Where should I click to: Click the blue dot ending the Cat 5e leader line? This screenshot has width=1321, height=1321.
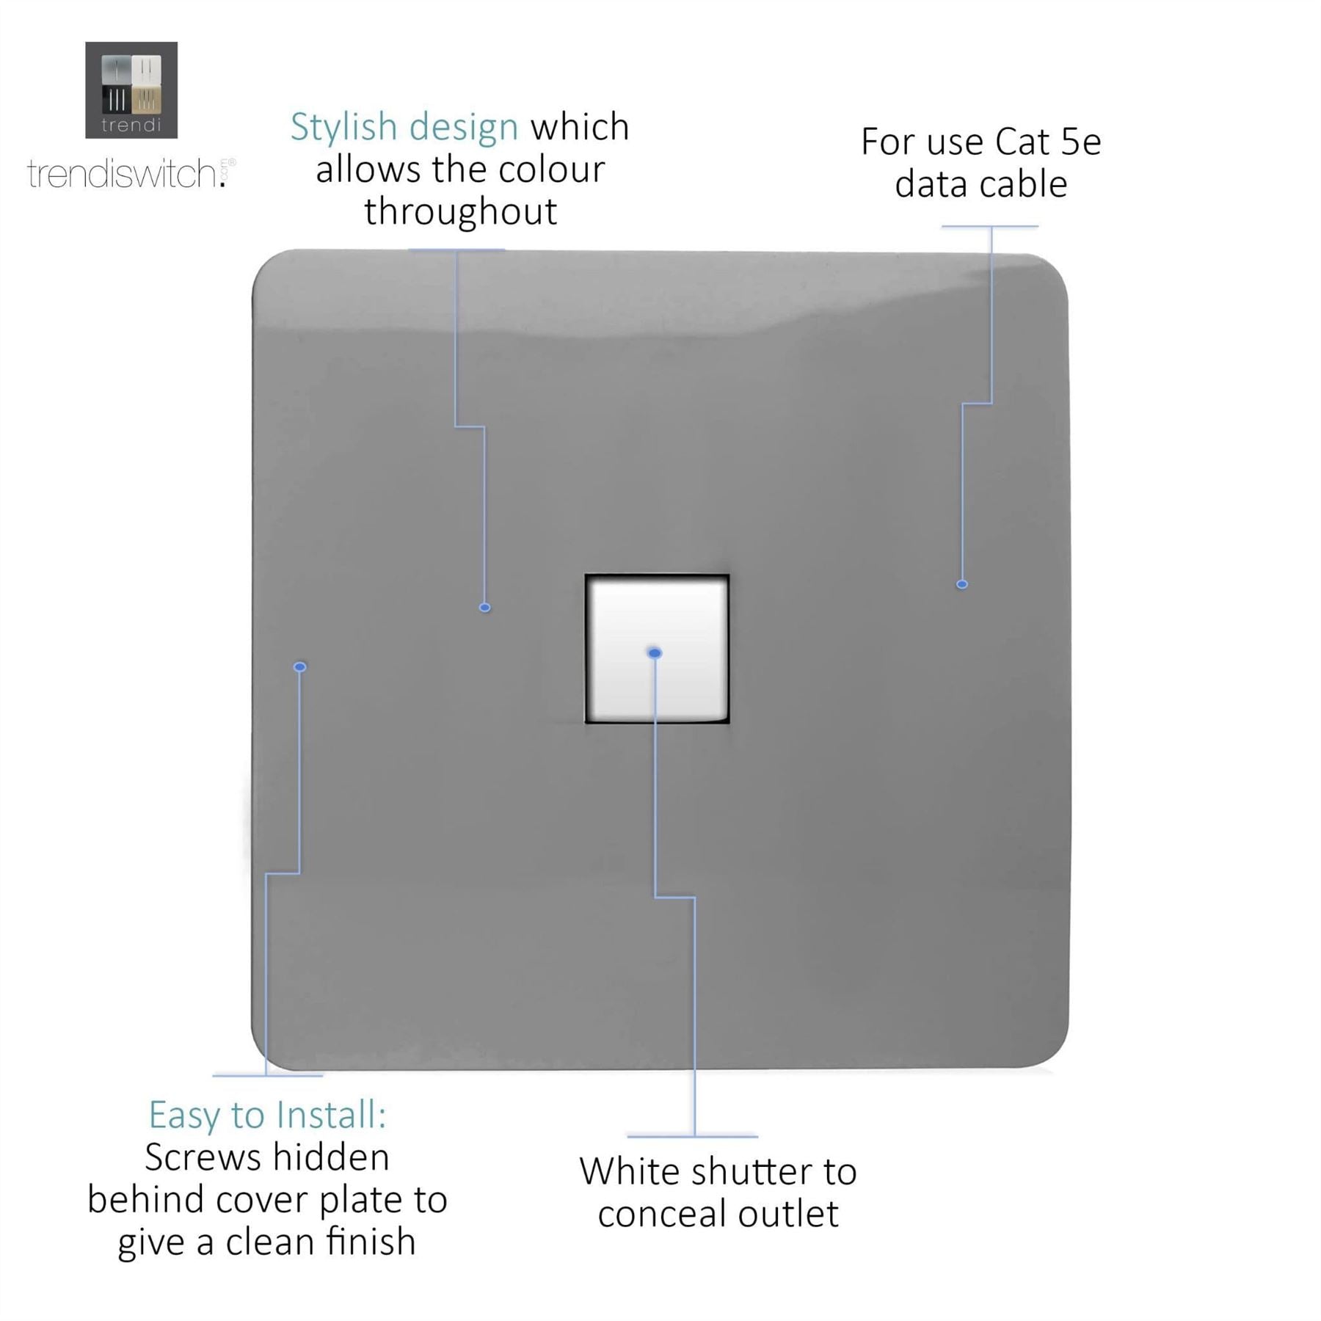point(961,584)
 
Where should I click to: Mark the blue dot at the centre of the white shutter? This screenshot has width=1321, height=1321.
point(655,652)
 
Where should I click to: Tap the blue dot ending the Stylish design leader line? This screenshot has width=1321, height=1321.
point(484,607)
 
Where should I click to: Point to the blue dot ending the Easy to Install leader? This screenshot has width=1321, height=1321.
point(299,666)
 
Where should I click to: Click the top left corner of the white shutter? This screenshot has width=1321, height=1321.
point(587,577)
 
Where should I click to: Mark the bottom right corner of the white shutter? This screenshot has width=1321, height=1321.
point(727,721)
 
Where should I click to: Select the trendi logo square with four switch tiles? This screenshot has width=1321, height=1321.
point(131,90)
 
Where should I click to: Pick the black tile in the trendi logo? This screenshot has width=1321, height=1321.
point(116,100)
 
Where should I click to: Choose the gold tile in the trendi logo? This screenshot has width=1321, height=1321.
point(147,100)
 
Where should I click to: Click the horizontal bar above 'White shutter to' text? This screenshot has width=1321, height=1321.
point(692,1136)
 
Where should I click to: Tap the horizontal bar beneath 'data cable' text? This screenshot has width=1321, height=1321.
point(989,226)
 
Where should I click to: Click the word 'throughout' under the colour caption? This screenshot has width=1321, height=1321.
point(461,212)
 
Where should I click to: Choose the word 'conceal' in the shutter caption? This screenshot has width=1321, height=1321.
point(660,1214)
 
